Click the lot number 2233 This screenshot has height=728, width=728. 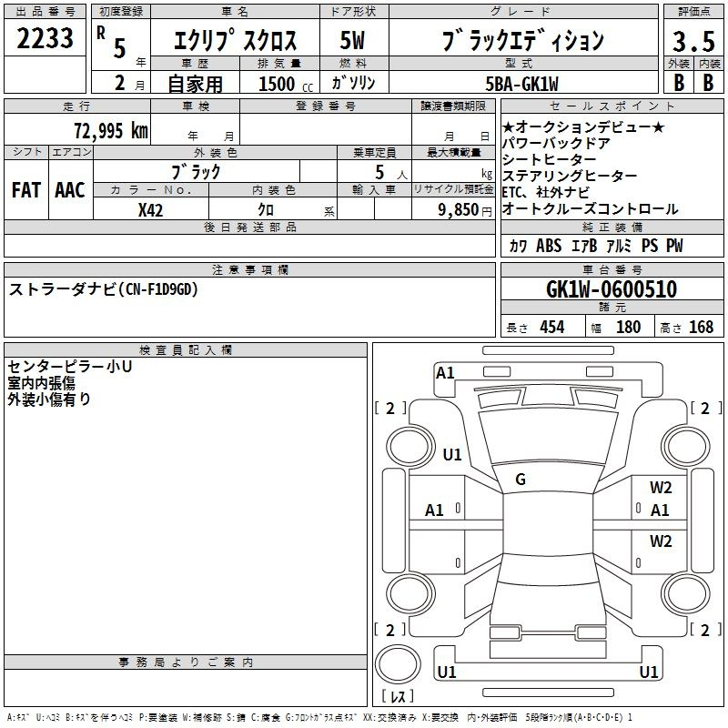coord(45,38)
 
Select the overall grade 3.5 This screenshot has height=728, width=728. coord(693,42)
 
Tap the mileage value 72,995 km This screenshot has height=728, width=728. coord(111,131)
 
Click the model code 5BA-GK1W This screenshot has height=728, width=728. coord(521,84)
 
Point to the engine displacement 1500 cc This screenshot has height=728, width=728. coord(286,84)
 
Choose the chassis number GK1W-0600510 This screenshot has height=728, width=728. coord(612,289)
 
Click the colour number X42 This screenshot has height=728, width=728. coord(150,210)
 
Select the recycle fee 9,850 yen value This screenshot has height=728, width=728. coord(465,210)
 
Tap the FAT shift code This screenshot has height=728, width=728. coord(26,190)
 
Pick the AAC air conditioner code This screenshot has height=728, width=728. coord(70,190)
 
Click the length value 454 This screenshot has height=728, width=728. coord(552,327)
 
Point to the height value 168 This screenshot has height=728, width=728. coord(701,327)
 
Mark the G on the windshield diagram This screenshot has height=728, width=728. coord(521,480)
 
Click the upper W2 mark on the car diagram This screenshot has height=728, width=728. coord(661,487)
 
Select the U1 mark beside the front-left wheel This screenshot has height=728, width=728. coord(452,454)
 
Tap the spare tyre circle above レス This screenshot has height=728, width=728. coord(398,664)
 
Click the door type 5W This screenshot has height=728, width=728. coord(352,41)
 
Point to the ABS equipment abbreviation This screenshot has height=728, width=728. coord(549,246)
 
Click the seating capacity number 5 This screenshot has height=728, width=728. coord(379,172)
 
